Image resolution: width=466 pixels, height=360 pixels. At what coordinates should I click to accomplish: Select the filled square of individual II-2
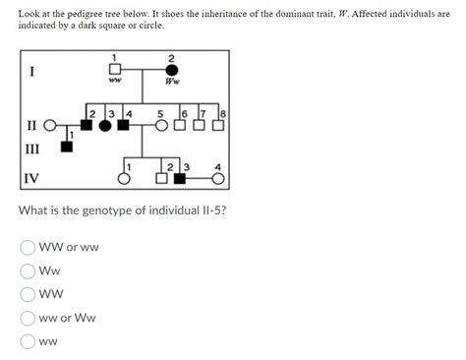87,127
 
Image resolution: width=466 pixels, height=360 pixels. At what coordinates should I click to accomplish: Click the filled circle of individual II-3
106,127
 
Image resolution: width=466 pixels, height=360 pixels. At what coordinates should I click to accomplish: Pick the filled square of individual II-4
125,127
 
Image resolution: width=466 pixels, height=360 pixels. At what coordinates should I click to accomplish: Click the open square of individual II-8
219,127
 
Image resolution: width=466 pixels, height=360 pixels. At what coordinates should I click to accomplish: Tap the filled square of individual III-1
67,147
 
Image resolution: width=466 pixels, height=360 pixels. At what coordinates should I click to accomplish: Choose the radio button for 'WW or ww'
29,247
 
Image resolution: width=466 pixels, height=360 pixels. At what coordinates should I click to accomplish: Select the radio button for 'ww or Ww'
29,318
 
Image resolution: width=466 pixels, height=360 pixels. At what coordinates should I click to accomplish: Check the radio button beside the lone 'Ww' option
29,270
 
